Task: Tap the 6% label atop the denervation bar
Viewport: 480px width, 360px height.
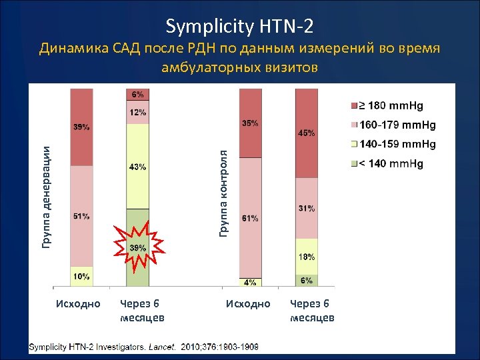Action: coord(137,95)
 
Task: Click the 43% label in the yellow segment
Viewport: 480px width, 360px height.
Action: coord(137,167)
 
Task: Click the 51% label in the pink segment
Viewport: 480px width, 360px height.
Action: coord(82,216)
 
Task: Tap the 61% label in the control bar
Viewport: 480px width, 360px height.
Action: coord(251,219)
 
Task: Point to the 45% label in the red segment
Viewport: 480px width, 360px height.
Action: coord(306,133)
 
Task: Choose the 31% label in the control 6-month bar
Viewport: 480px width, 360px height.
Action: coord(306,209)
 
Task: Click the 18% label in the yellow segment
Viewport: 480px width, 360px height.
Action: coord(306,257)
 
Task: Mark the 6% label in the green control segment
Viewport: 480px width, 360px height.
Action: coord(306,281)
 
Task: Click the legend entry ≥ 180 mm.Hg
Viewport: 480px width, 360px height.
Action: coord(391,105)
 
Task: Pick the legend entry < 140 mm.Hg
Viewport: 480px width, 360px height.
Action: coord(391,163)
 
